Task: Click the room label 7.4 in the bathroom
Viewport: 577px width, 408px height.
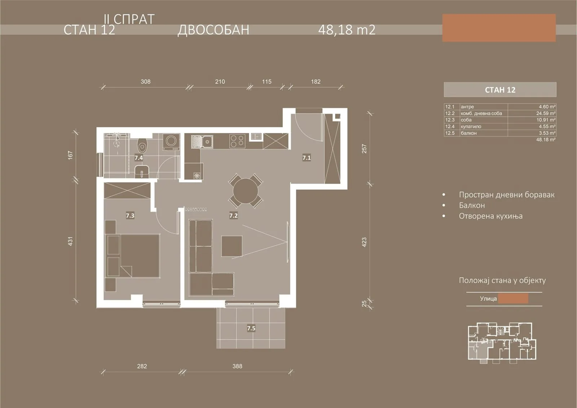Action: point(138,158)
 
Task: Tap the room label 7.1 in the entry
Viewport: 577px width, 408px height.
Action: point(307,158)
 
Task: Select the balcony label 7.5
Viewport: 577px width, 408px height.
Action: point(251,328)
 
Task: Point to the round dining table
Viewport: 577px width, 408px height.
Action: point(246,191)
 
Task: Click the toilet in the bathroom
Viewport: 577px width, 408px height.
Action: point(142,145)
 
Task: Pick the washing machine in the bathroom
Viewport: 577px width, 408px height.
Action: point(171,142)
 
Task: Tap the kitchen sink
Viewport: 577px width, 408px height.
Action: point(202,141)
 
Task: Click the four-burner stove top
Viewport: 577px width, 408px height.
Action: point(237,141)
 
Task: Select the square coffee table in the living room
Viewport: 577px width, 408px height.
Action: point(232,246)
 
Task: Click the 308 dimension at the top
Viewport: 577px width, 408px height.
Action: point(146,82)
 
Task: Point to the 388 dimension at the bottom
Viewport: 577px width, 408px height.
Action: point(237,366)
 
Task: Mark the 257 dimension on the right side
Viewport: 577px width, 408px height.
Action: point(364,149)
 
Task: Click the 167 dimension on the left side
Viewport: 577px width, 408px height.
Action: point(70,155)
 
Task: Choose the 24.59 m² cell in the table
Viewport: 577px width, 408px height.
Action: point(546,113)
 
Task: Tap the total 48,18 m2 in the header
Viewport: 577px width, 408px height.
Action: point(347,30)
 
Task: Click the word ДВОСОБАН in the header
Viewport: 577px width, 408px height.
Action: point(213,30)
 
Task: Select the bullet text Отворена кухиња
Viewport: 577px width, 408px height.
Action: point(491,216)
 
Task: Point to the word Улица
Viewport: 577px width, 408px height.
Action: point(488,299)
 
